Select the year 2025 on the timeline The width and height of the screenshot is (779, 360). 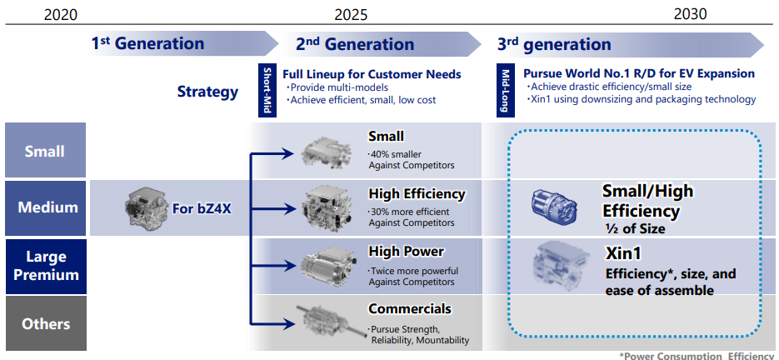(350, 13)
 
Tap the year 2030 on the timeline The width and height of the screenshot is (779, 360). (690, 13)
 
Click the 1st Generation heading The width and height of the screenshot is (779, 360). (147, 43)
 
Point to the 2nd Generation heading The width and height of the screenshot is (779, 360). (354, 44)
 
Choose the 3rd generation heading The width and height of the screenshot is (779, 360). (554, 44)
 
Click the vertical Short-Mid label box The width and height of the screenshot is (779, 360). (267, 90)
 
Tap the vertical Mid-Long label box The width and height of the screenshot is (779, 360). (505, 90)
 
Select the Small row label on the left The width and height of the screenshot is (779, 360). (45, 151)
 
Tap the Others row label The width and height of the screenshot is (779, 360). (45, 324)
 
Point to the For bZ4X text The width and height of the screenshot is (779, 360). (202, 207)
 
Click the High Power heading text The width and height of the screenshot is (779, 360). (407, 251)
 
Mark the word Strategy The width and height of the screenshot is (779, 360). (207, 91)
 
